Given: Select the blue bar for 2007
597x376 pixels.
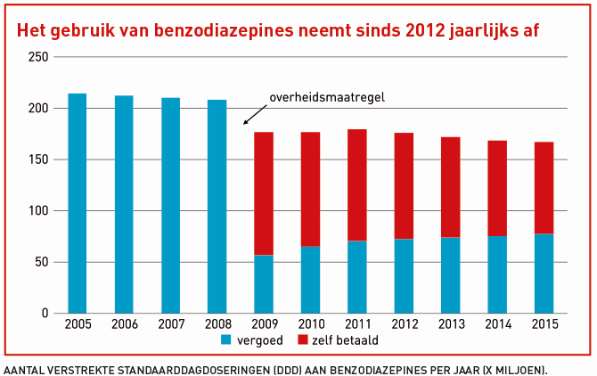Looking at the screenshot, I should pos(170,206).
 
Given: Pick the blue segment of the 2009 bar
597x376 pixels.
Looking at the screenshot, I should pos(263,284).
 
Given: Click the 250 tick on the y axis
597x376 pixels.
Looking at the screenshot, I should pos(37,57).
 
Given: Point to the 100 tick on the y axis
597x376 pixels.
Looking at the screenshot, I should pos(37,211).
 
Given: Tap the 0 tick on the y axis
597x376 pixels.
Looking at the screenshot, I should pos(44,314).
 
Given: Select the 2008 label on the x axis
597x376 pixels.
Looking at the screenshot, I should pos(217,325).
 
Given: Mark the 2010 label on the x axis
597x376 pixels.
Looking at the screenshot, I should pos(310,325).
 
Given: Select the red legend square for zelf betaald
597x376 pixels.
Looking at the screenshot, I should pos(301,340).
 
